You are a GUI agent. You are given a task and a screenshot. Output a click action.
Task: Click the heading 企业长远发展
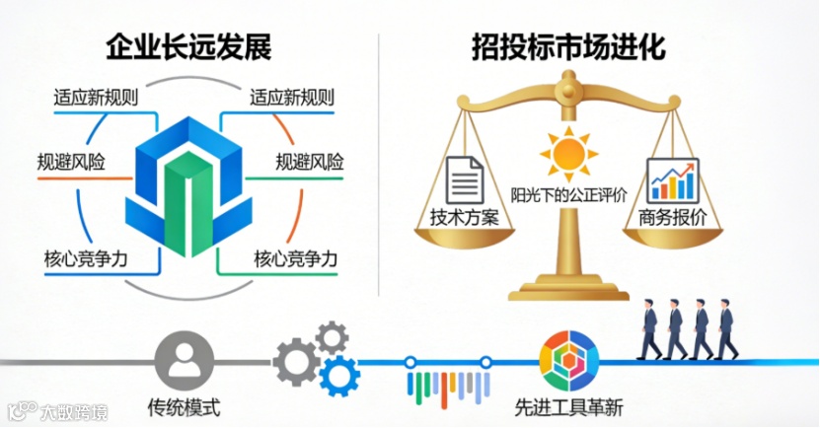point(187,46)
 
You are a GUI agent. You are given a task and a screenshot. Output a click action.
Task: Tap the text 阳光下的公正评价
point(568,194)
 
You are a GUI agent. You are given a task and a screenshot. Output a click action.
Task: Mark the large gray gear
point(296,360)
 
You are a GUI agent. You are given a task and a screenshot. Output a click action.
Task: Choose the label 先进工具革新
point(569,406)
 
